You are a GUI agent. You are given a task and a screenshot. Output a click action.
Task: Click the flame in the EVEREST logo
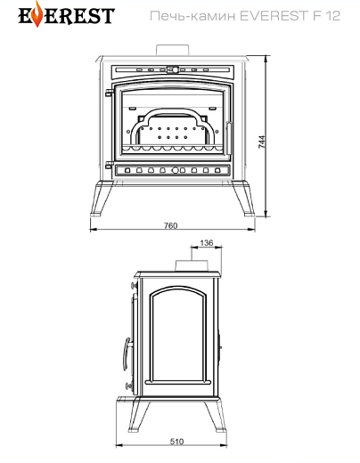click(x=37, y=15)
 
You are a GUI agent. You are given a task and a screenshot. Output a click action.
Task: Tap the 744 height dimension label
click(x=262, y=142)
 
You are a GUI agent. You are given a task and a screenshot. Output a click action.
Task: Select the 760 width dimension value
click(x=171, y=225)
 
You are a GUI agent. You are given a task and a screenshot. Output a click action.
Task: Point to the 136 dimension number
click(x=207, y=243)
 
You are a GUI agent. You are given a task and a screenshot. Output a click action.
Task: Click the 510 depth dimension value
click(x=177, y=442)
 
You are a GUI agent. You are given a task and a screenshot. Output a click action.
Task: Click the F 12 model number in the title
click(x=326, y=16)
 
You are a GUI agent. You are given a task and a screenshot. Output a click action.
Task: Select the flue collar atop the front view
click(x=172, y=50)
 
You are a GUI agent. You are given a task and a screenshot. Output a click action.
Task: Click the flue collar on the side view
click(x=192, y=265)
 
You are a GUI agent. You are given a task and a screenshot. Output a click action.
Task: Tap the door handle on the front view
click(x=229, y=137)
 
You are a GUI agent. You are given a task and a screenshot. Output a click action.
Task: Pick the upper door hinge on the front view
click(x=109, y=93)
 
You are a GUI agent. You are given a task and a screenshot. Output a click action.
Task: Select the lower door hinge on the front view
click(x=110, y=165)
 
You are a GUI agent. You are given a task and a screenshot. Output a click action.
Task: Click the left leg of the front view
click(x=101, y=198)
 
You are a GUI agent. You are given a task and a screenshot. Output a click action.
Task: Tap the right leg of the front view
click(x=244, y=198)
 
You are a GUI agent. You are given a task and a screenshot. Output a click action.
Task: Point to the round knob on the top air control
click(x=176, y=70)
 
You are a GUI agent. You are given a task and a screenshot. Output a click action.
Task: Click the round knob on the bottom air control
click(x=176, y=170)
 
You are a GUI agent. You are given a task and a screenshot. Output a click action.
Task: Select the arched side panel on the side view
click(x=178, y=336)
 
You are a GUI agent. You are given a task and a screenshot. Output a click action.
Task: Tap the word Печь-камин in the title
click(x=192, y=16)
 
